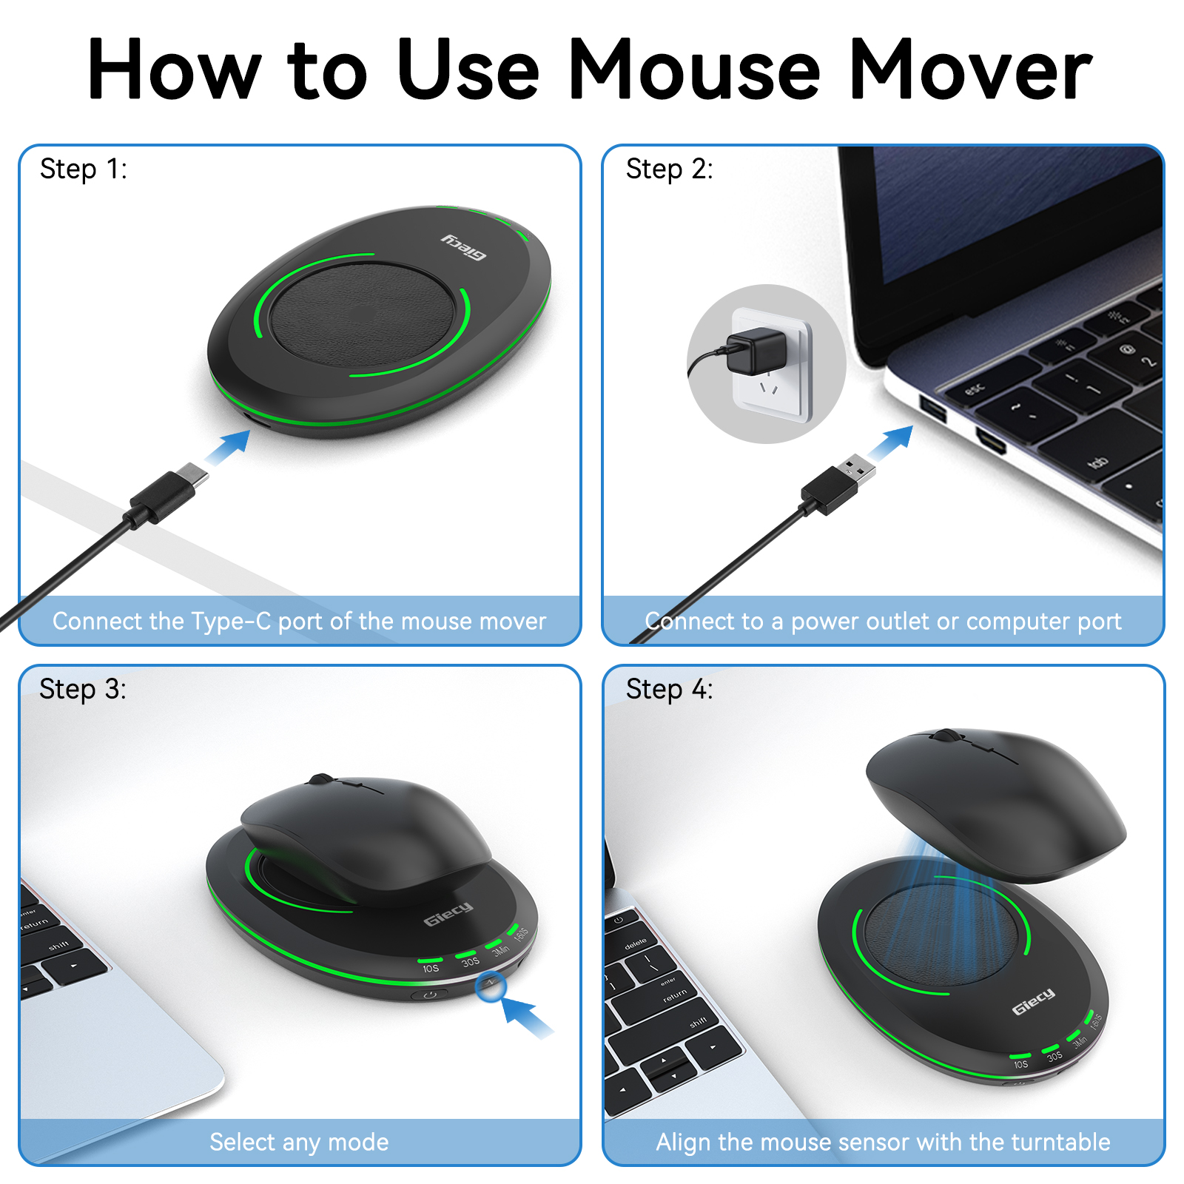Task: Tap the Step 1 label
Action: [x=83, y=169]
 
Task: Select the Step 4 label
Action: [x=669, y=690]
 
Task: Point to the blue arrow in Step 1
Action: [x=229, y=447]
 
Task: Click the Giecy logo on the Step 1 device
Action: [x=464, y=246]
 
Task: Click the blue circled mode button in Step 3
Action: [x=491, y=986]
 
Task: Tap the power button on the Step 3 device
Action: [x=430, y=995]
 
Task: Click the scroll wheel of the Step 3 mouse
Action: [x=321, y=779]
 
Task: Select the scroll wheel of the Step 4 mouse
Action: [x=943, y=736]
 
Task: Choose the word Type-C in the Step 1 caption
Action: [x=231, y=621]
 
